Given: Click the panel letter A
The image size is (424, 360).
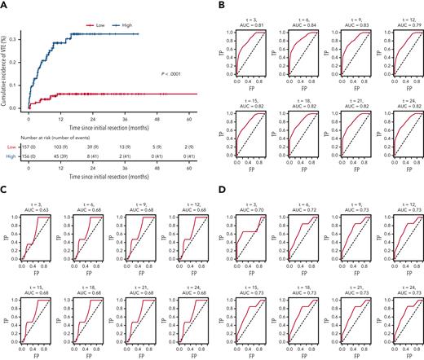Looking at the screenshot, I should (4, 5).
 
